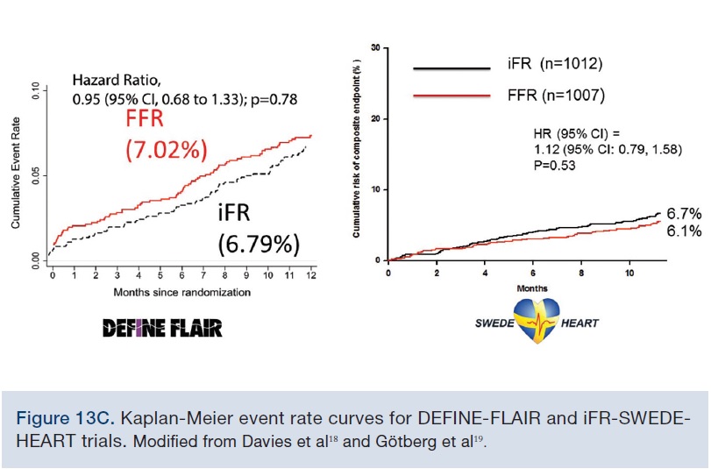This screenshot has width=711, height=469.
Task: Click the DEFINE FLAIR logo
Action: [x=162, y=328]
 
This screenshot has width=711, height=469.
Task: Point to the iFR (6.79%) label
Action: [x=259, y=228]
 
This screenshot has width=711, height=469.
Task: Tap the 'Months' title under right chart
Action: [x=532, y=286]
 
